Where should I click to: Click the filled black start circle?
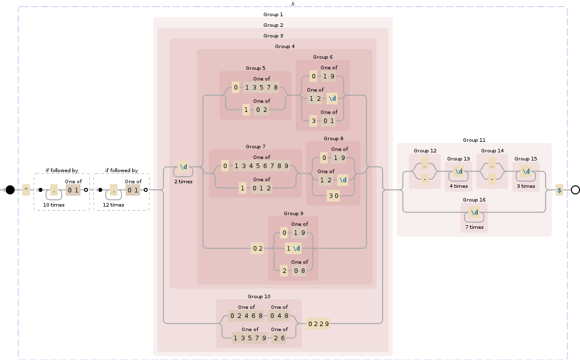[x=10, y=190]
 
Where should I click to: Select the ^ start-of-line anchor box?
[x=26, y=190]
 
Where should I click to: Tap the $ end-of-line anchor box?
[x=559, y=190]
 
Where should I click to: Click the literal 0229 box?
[x=319, y=324]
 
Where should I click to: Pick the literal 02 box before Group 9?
[x=258, y=248]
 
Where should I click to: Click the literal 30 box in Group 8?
[x=334, y=196]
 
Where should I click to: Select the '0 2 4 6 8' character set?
[x=246, y=316]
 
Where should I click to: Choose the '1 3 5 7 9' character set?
[x=250, y=338]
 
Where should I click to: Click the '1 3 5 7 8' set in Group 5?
[x=261, y=88]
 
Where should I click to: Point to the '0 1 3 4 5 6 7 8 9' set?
[x=262, y=166]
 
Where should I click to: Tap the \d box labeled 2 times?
[x=183, y=167]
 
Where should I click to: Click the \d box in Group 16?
[x=474, y=213]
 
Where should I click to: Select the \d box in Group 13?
[x=459, y=171]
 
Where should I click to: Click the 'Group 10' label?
[x=259, y=296]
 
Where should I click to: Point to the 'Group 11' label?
[x=474, y=140]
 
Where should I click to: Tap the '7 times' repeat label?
[x=474, y=227]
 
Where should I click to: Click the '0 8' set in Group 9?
[x=299, y=270]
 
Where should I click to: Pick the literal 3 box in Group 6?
[x=314, y=121]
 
